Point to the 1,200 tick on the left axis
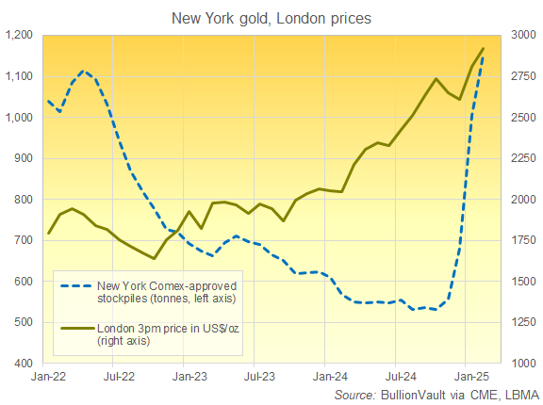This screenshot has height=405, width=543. (x=19, y=36)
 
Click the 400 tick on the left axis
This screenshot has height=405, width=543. (x=24, y=364)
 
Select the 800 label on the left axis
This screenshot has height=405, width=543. (x=24, y=200)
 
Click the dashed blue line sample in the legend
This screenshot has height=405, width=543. (x=75, y=285)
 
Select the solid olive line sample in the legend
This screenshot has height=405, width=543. (x=75, y=329)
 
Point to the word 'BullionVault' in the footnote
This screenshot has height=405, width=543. (x=413, y=395)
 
